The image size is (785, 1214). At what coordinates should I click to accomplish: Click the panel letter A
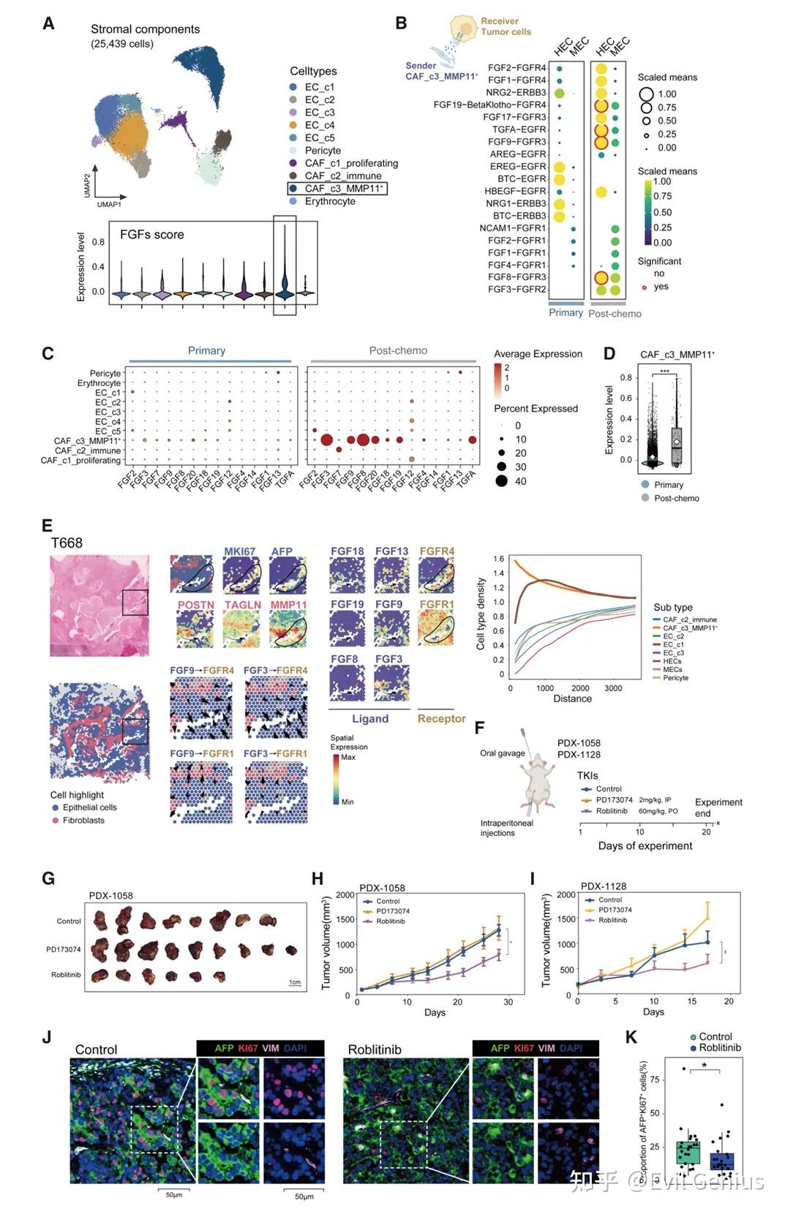pos(48,24)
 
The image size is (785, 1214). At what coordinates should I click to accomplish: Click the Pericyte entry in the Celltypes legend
pos(323,151)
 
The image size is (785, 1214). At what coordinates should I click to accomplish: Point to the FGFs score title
pos(151,235)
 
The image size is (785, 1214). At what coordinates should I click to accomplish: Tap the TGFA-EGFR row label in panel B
pos(519,129)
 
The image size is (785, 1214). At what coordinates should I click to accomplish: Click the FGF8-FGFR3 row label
pos(517,277)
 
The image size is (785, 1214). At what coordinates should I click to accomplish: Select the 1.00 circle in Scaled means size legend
pos(646,94)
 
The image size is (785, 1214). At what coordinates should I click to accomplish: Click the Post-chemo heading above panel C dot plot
pos(398,351)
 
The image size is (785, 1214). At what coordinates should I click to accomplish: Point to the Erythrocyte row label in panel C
pos(99,383)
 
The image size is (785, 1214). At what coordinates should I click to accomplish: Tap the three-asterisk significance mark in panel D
pos(664,372)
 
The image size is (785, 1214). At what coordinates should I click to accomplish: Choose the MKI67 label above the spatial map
pos(239,551)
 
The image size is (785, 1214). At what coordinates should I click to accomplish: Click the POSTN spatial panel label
pos(195,605)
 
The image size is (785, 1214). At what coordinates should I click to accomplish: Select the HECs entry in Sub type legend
pos(672,661)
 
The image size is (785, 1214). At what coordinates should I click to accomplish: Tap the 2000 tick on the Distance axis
pos(579,688)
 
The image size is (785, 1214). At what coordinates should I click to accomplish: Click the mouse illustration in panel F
pos(540,783)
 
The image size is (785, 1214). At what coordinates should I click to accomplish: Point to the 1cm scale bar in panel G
pos(295,983)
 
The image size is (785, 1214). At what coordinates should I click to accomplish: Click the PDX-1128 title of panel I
pos(604,886)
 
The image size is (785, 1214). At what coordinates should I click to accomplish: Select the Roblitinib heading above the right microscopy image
pos(375,1049)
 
